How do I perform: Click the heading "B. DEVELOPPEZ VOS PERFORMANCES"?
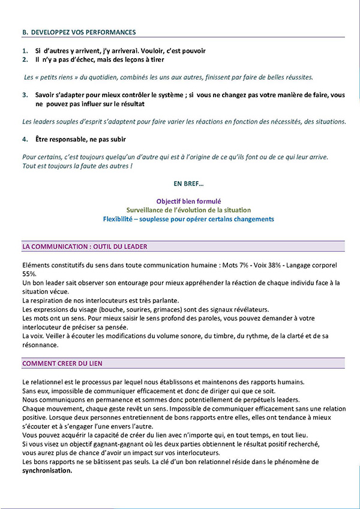79,32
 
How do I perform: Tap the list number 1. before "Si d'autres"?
25,51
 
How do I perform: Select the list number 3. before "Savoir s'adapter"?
25,95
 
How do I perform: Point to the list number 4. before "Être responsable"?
25,139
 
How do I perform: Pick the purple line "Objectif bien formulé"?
188,201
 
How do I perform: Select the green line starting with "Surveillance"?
188,210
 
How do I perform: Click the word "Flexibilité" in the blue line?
120,219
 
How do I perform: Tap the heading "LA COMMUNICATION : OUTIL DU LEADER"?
85,246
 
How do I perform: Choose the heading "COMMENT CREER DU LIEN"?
62,363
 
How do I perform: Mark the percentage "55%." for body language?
29,273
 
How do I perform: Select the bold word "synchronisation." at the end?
47,471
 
